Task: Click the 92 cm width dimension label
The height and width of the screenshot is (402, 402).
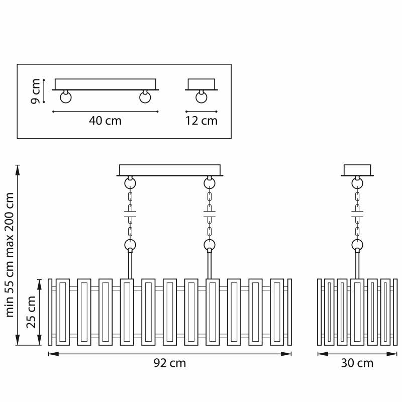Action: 169,363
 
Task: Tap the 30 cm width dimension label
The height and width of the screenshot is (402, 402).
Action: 357,363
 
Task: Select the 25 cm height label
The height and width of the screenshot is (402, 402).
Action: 32,312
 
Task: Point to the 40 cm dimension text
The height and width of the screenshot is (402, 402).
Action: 105,121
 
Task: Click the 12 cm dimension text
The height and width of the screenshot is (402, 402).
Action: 202,121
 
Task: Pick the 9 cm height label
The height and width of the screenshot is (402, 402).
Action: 35,90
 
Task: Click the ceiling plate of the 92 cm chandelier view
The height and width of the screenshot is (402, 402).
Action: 169,170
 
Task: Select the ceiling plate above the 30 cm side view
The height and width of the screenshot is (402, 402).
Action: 357,170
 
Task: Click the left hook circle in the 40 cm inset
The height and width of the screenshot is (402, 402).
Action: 65,97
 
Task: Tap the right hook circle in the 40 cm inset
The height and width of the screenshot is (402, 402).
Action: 146,97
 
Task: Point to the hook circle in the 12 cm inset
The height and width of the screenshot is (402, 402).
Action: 202,97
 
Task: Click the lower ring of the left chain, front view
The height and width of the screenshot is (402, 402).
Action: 130,245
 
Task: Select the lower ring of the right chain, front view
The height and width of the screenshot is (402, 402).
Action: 209,245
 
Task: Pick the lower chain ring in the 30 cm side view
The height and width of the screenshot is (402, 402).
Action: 357,245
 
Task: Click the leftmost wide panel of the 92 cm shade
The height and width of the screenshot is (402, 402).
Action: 63,312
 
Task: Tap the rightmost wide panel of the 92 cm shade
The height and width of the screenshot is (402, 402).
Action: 277,312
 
